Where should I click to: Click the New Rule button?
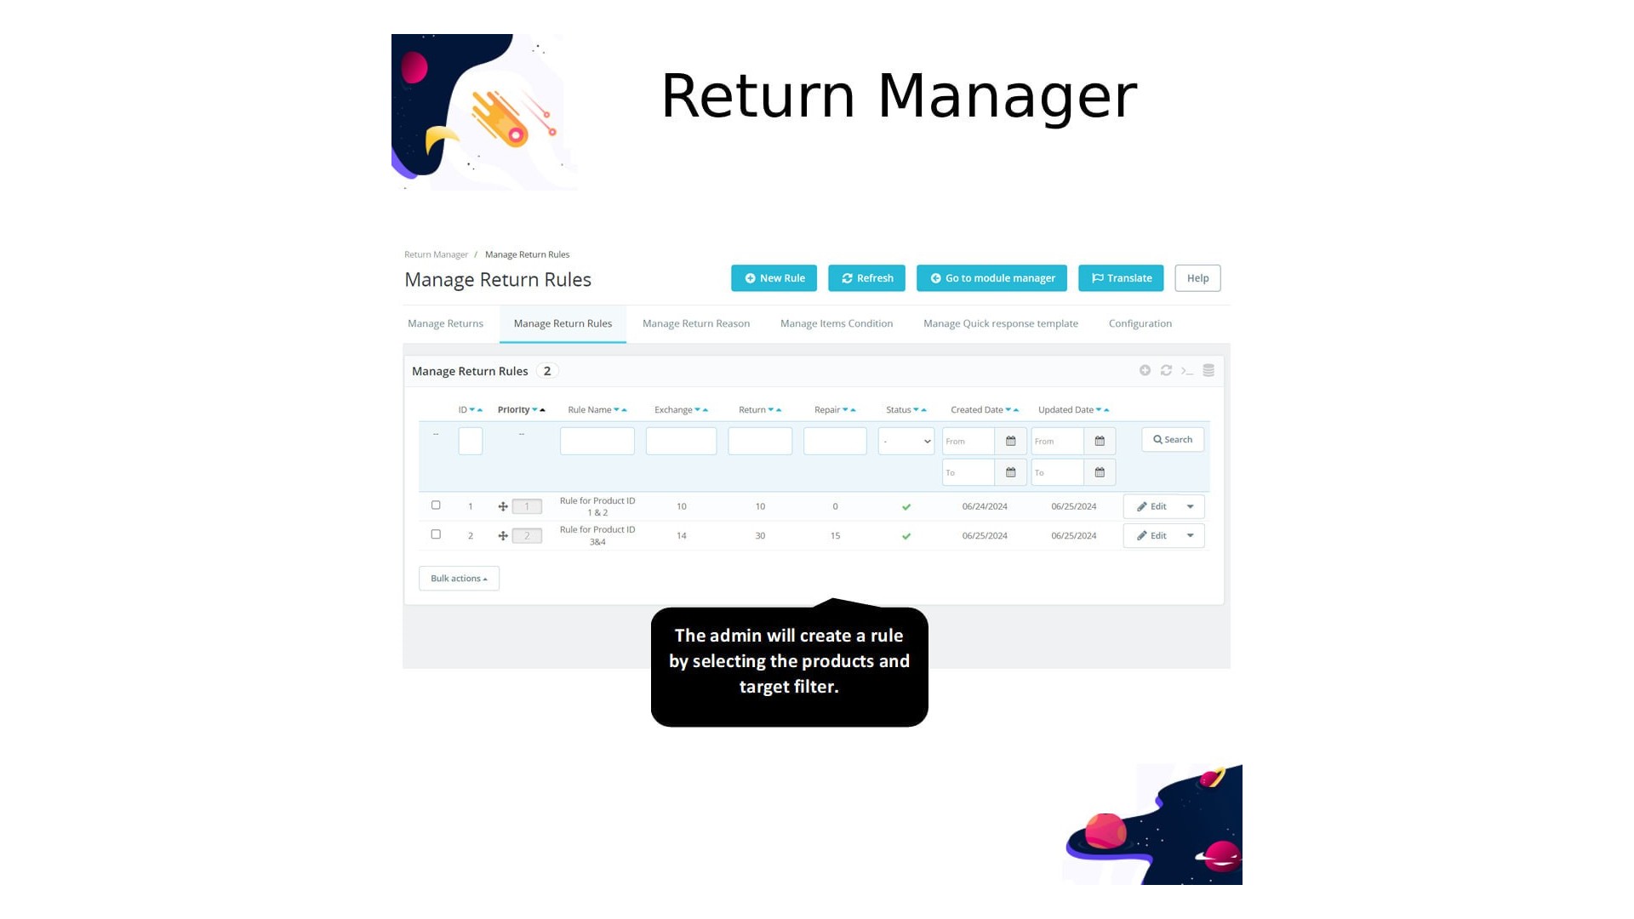pos(774,278)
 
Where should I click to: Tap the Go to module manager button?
pos(991,278)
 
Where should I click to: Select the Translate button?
pos(1121,278)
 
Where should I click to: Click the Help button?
pos(1197,278)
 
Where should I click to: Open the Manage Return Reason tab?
pos(696,323)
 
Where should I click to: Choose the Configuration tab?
pos(1140,323)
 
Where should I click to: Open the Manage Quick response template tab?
pos(1000,323)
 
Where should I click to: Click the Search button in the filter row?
pos(1172,440)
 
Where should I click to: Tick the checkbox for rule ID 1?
pos(436,505)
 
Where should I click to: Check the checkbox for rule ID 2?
pos(436,534)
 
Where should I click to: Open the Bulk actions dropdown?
pos(459,579)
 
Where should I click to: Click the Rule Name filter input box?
pos(597,441)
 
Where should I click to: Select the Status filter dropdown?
pos(906,441)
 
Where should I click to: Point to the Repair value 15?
pos(835,536)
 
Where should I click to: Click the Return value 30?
pos(760,536)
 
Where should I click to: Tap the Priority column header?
pos(514,410)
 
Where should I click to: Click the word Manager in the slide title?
pos(1007,96)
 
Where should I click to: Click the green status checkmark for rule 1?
pos(906,507)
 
